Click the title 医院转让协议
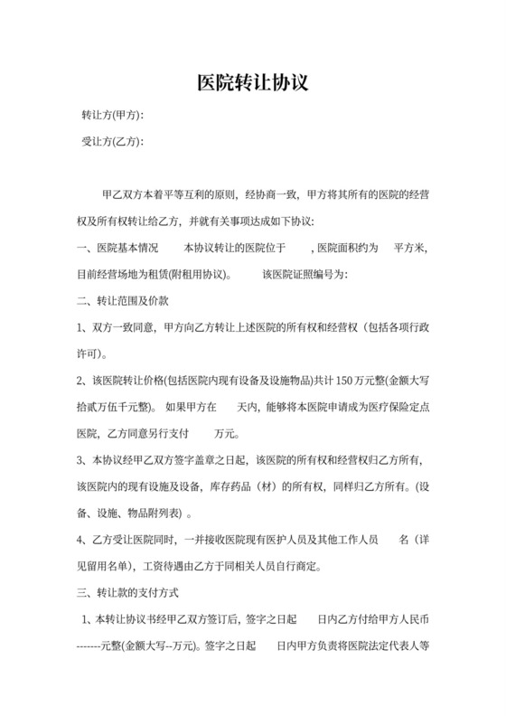[253, 82]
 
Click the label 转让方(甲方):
[113, 116]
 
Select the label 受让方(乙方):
[113, 141]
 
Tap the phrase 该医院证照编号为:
[304, 273]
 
